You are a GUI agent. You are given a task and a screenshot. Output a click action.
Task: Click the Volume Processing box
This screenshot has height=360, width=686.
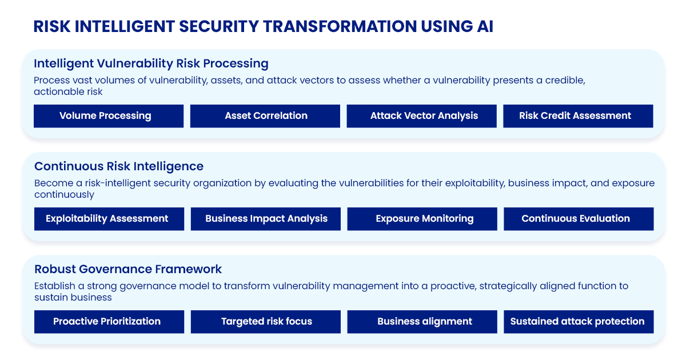tap(109, 116)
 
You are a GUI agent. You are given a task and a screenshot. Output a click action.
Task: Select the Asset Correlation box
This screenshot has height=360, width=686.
tap(265, 116)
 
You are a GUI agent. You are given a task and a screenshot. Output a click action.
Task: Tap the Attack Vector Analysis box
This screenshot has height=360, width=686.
tap(422, 116)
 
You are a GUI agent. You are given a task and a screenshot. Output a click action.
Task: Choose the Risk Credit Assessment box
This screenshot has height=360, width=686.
tap(578, 116)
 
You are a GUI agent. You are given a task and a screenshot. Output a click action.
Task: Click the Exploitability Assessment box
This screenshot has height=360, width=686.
tap(109, 219)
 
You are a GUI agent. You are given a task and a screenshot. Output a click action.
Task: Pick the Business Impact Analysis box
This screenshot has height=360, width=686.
tap(266, 219)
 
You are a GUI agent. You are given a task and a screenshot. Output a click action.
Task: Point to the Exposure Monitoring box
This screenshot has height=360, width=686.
tap(422, 219)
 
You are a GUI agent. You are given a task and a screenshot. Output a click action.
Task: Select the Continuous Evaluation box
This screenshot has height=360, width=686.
tap(579, 219)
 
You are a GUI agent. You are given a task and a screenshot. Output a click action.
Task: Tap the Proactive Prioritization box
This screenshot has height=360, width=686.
tap(109, 322)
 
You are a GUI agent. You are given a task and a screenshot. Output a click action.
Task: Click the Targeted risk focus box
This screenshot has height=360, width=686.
tap(266, 322)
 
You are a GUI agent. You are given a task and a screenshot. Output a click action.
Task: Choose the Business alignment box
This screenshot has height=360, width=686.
tap(422, 322)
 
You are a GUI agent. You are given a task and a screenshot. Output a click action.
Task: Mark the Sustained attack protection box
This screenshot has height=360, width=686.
tap(579, 322)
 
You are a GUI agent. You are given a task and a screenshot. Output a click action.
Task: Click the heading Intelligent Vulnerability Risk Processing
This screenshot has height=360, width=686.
tap(151, 63)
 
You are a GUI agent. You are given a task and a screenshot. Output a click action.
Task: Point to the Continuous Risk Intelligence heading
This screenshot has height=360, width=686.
tap(119, 166)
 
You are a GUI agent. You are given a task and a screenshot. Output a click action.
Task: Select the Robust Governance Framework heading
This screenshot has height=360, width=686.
tap(128, 269)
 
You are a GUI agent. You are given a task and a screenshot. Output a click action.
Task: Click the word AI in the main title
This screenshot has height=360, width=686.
tap(485, 26)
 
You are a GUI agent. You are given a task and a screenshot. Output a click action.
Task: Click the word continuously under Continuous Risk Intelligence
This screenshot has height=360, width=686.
tap(64, 195)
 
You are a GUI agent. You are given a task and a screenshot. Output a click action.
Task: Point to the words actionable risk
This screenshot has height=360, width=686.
tap(68, 91)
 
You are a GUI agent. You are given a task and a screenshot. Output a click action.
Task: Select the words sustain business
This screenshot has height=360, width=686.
tap(73, 297)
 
